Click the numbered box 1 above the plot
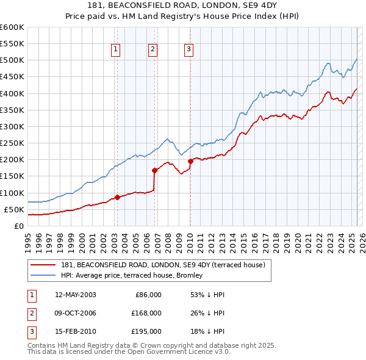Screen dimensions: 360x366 (x=116, y=50)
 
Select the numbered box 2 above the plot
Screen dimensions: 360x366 (x=152, y=50)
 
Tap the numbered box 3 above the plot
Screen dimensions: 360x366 (x=189, y=50)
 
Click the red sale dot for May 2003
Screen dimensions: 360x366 (x=117, y=197)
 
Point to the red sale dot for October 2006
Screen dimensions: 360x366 (x=155, y=170)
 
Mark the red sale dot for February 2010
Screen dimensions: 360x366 (x=190, y=161)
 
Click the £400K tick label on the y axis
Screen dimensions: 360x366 (x=12, y=93)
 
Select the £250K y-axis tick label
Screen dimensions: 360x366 (x=12, y=143)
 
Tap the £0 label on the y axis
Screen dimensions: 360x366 (x=18, y=226)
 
